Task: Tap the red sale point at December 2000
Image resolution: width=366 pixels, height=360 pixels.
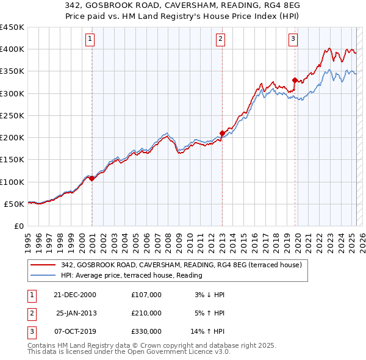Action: pos(91,179)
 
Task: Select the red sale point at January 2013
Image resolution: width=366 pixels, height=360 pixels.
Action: pos(222,133)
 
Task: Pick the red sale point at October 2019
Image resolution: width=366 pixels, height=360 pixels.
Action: pos(295,80)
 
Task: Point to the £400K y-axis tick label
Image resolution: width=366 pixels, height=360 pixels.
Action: pos(12,49)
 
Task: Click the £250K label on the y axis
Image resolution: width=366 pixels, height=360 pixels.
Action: pos(12,115)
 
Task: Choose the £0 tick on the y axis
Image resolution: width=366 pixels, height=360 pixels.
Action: pos(19,226)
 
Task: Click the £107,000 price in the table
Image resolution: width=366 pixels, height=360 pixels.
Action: pos(146,295)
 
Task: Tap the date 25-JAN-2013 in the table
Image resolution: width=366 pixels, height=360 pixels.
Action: pos(76,312)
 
